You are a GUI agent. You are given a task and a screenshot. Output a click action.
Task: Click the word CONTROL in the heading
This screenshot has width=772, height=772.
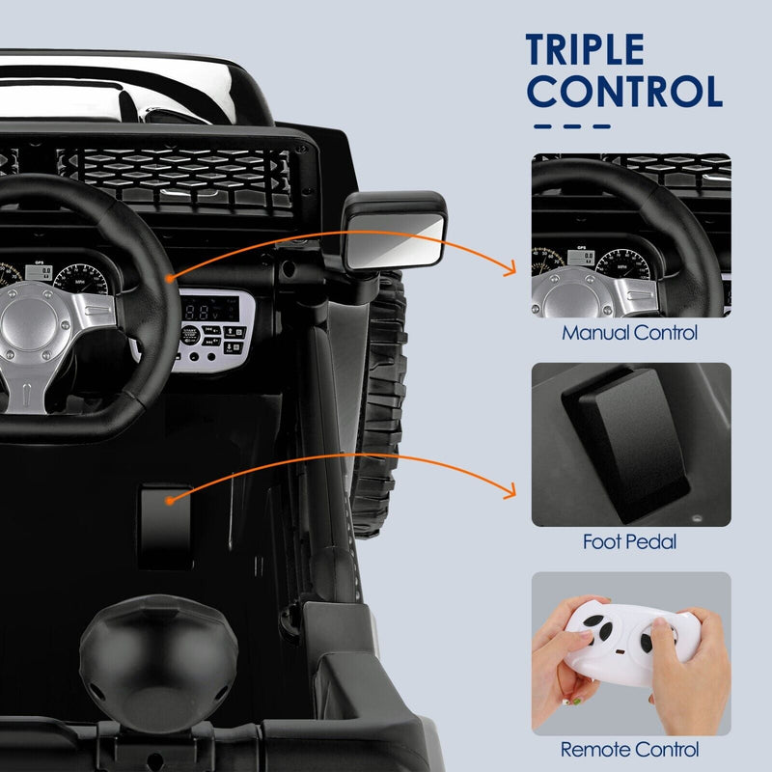[626, 91]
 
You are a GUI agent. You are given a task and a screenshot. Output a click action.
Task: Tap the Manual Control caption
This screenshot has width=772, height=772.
[630, 334]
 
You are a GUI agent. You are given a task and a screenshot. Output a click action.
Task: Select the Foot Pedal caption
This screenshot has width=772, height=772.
[629, 542]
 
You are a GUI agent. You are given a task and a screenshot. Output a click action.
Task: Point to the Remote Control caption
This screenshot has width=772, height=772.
[630, 749]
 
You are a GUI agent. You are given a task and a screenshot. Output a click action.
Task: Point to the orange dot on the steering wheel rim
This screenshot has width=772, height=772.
[169, 278]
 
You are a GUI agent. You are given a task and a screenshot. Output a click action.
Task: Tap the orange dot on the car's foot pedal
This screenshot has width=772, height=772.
[169, 501]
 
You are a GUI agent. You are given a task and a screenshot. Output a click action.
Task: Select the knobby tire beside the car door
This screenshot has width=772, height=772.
[378, 405]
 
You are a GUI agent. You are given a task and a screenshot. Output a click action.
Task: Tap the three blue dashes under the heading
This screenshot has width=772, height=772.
[572, 125]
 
